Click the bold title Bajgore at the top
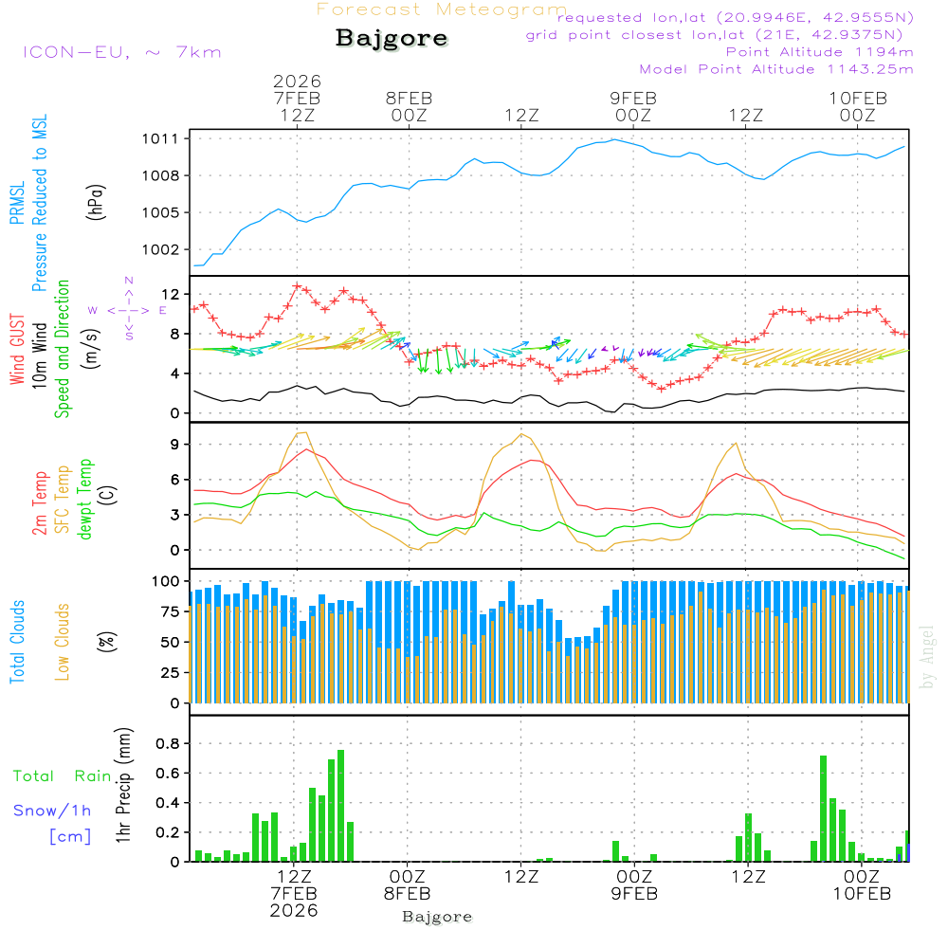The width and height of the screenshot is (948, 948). click(x=392, y=39)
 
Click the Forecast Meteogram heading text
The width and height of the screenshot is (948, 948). click(x=442, y=10)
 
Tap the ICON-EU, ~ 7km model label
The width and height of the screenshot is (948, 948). click(x=121, y=52)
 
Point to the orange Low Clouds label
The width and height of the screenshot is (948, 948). click(x=64, y=642)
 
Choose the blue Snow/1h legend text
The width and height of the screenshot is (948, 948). click(x=53, y=811)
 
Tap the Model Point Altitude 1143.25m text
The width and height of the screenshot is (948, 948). click(x=776, y=69)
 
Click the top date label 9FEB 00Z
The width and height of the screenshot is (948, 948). click(x=632, y=106)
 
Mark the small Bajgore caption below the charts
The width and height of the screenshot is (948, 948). click(x=437, y=917)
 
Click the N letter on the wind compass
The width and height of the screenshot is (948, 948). click(x=129, y=281)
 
